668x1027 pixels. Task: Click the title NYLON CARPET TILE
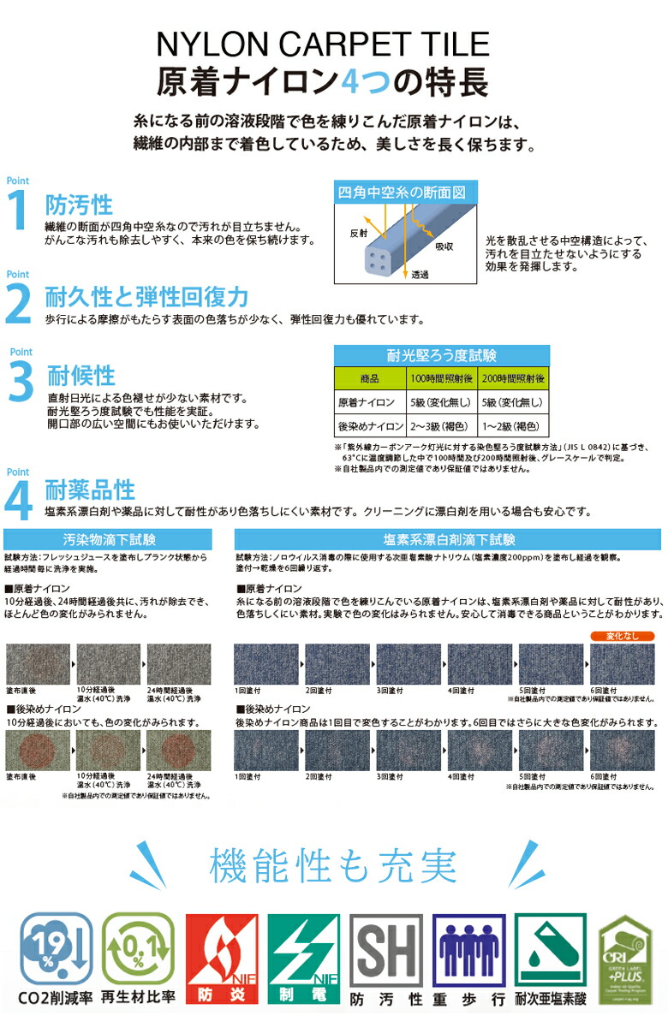[322, 44]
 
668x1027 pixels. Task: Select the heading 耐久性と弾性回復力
[147, 297]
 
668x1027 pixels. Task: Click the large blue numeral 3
[21, 383]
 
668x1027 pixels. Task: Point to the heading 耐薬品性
[91, 490]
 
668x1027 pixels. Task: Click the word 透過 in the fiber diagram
[420, 275]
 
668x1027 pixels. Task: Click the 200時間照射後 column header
[513, 377]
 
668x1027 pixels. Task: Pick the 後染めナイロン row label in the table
[370, 425]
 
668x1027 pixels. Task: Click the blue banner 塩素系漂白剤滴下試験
[449, 540]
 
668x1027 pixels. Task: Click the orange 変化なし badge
[623, 636]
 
